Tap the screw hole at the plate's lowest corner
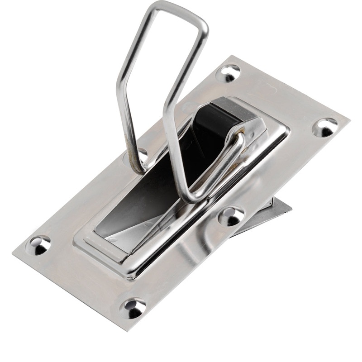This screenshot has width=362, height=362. [x=133, y=308]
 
